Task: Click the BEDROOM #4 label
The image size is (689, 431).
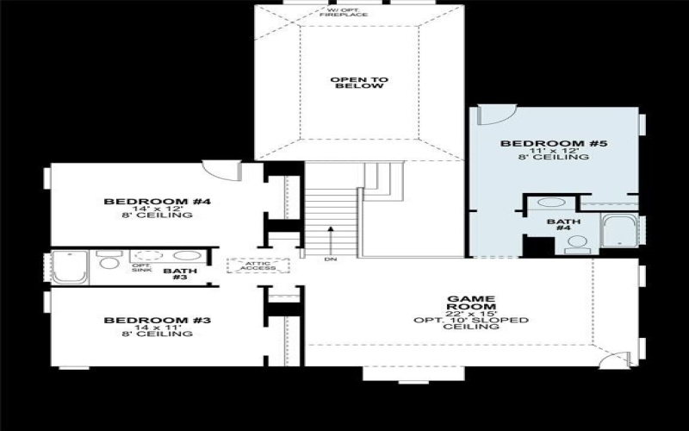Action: click(158, 202)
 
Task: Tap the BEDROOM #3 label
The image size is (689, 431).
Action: click(158, 320)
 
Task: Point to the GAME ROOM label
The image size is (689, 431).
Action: click(470, 303)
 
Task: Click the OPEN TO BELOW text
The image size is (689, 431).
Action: click(359, 83)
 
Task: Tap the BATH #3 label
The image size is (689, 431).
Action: click(180, 275)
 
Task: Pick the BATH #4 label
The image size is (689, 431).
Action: click(564, 224)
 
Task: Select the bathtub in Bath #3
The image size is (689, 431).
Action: click(70, 266)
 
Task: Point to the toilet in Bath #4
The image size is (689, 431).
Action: click(574, 246)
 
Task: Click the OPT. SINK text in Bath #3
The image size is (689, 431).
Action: click(140, 267)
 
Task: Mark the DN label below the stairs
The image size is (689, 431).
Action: click(330, 259)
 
